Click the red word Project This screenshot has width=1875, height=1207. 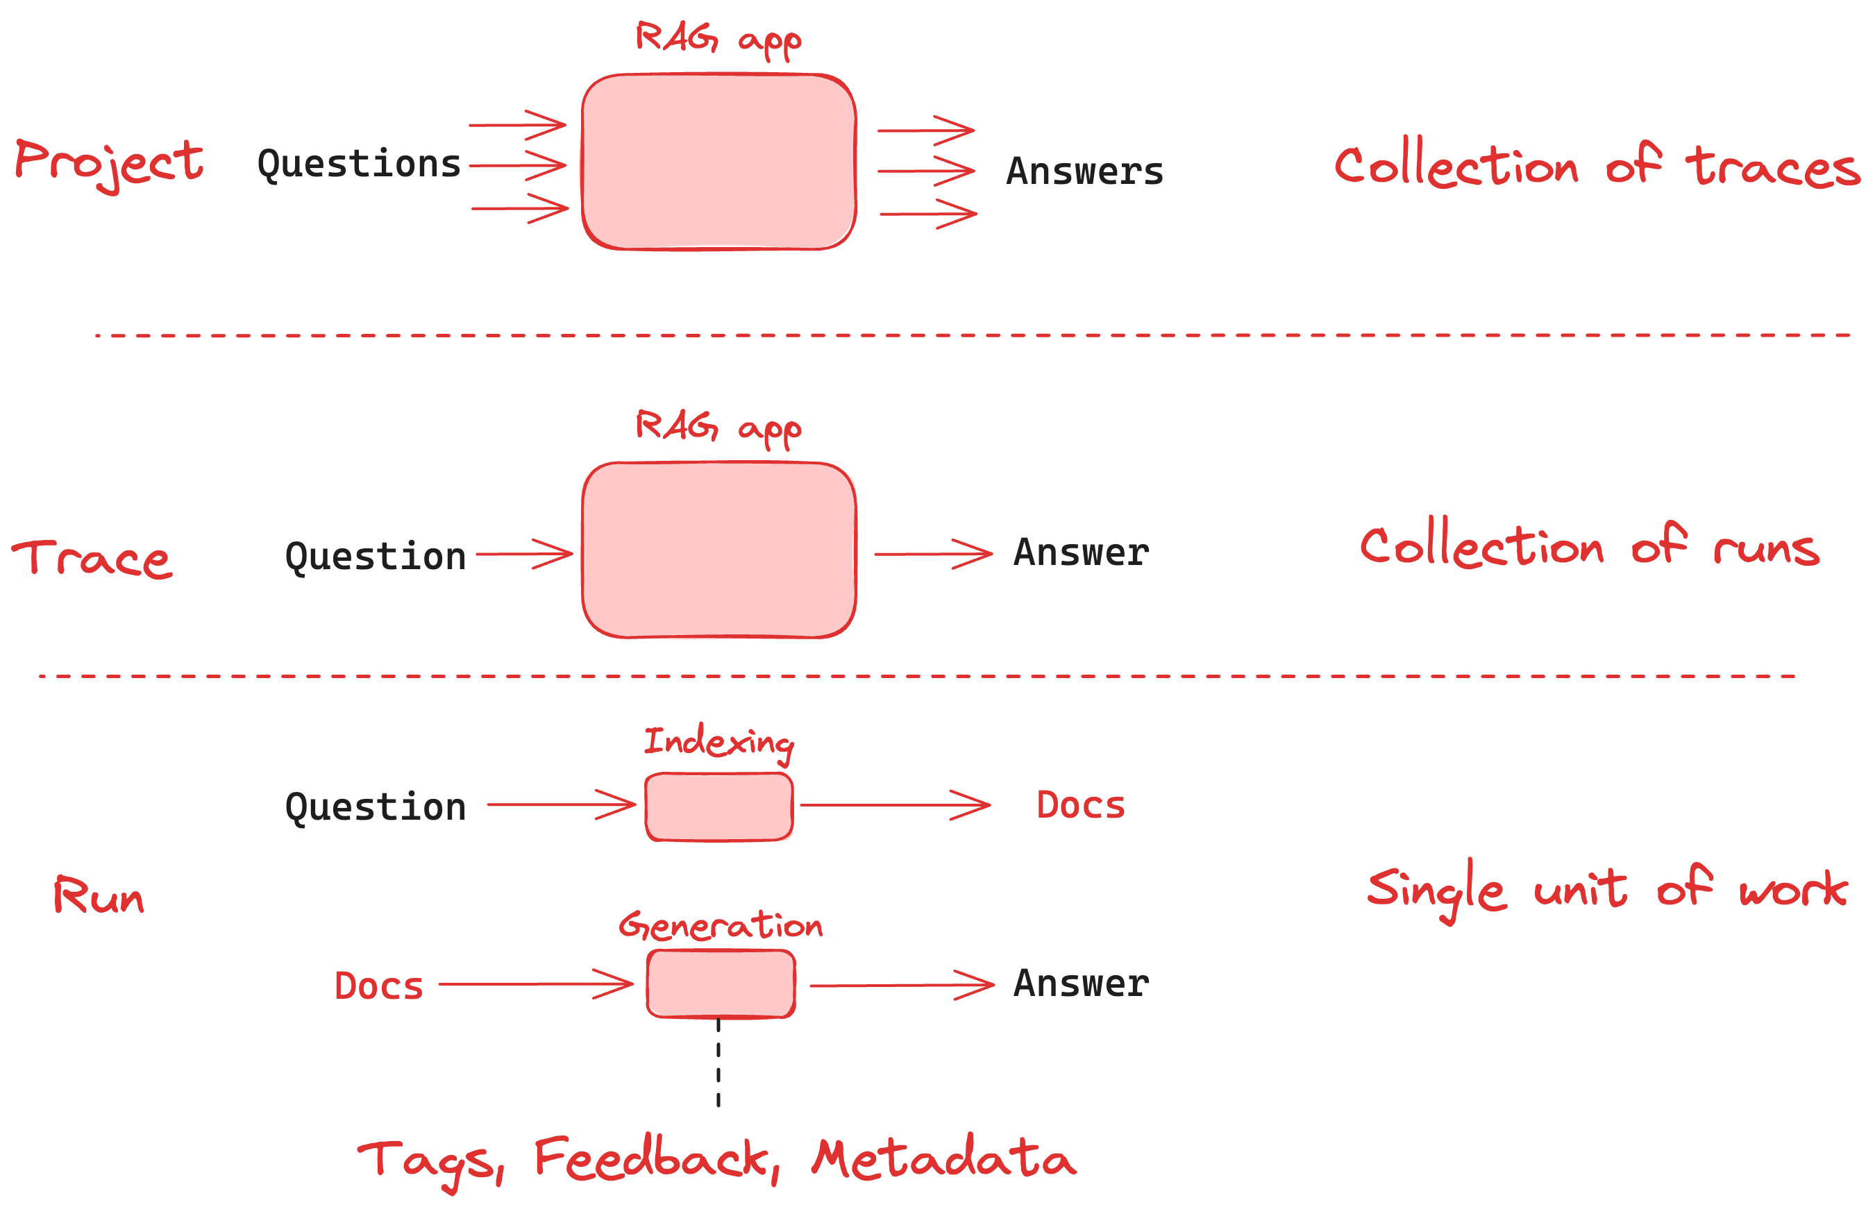coord(109,163)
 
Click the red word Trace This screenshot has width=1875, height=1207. coord(92,558)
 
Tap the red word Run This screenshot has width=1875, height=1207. coord(99,895)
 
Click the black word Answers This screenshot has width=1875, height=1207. coord(1084,171)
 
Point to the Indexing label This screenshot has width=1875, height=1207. coord(718,742)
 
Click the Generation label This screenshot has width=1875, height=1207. coord(721,926)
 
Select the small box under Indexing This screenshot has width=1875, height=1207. coord(718,807)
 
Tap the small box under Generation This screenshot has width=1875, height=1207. coord(721,984)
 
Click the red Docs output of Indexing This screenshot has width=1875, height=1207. coord(1080,806)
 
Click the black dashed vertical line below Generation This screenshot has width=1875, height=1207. coord(718,1062)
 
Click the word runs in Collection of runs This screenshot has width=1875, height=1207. coord(1765,548)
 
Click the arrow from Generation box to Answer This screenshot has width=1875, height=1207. coord(902,985)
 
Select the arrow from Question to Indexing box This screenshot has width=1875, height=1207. coord(560,804)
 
